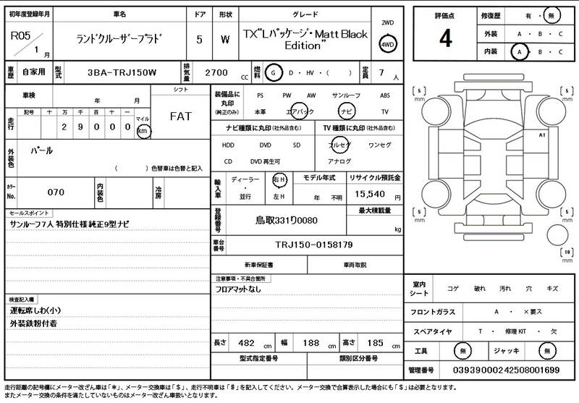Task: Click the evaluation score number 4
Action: pyautogui.click(x=445, y=38)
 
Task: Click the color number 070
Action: pyautogui.click(x=56, y=192)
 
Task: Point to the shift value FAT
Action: pyautogui.click(x=180, y=116)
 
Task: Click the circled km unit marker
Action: pyautogui.click(x=143, y=132)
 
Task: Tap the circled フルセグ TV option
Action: pyautogui.click(x=339, y=145)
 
